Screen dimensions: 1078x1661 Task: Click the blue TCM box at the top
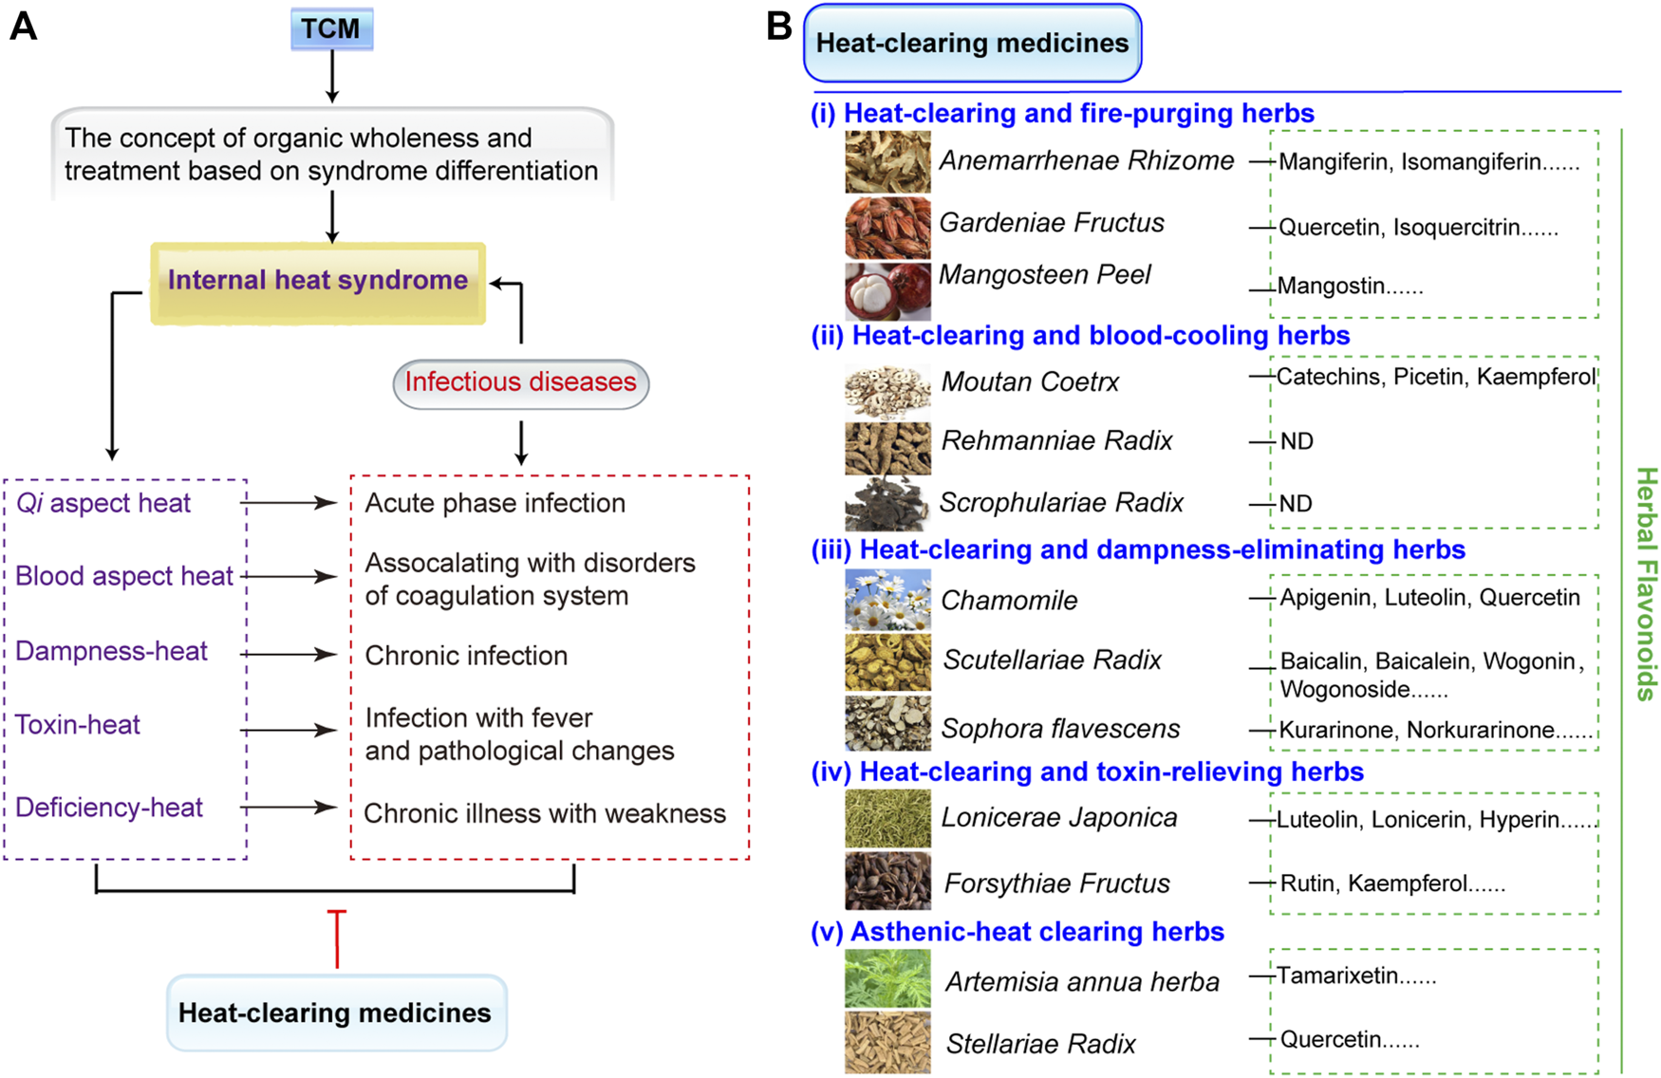click(331, 28)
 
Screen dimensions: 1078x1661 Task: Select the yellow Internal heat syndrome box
click(318, 282)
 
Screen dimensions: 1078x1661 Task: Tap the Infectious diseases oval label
click(520, 382)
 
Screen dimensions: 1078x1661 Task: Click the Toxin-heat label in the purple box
click(78, 725)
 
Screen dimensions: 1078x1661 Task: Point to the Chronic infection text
click(466, 656)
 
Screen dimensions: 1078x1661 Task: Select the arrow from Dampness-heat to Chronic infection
click(289, 654)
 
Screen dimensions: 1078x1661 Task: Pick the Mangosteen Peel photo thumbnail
click(887, 289)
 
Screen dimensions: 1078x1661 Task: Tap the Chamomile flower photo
click(887, 600)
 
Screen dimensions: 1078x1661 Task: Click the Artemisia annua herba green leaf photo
click(887, 978)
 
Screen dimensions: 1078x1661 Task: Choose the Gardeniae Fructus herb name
click(1052, 223)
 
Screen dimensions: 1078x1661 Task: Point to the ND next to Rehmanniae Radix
click(1297, 442)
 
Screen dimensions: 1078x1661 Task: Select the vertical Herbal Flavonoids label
click(1646, 584)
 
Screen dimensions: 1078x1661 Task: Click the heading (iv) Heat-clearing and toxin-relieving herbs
click(1087, 772)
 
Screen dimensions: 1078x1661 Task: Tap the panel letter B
click(778, 27)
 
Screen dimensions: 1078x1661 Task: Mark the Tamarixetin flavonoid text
click(1337, 976)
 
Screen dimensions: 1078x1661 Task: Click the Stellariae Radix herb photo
click(887, 1042)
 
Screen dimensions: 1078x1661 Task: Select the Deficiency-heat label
click(109, 808)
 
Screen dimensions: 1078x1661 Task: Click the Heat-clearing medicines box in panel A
click(335, 1013)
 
